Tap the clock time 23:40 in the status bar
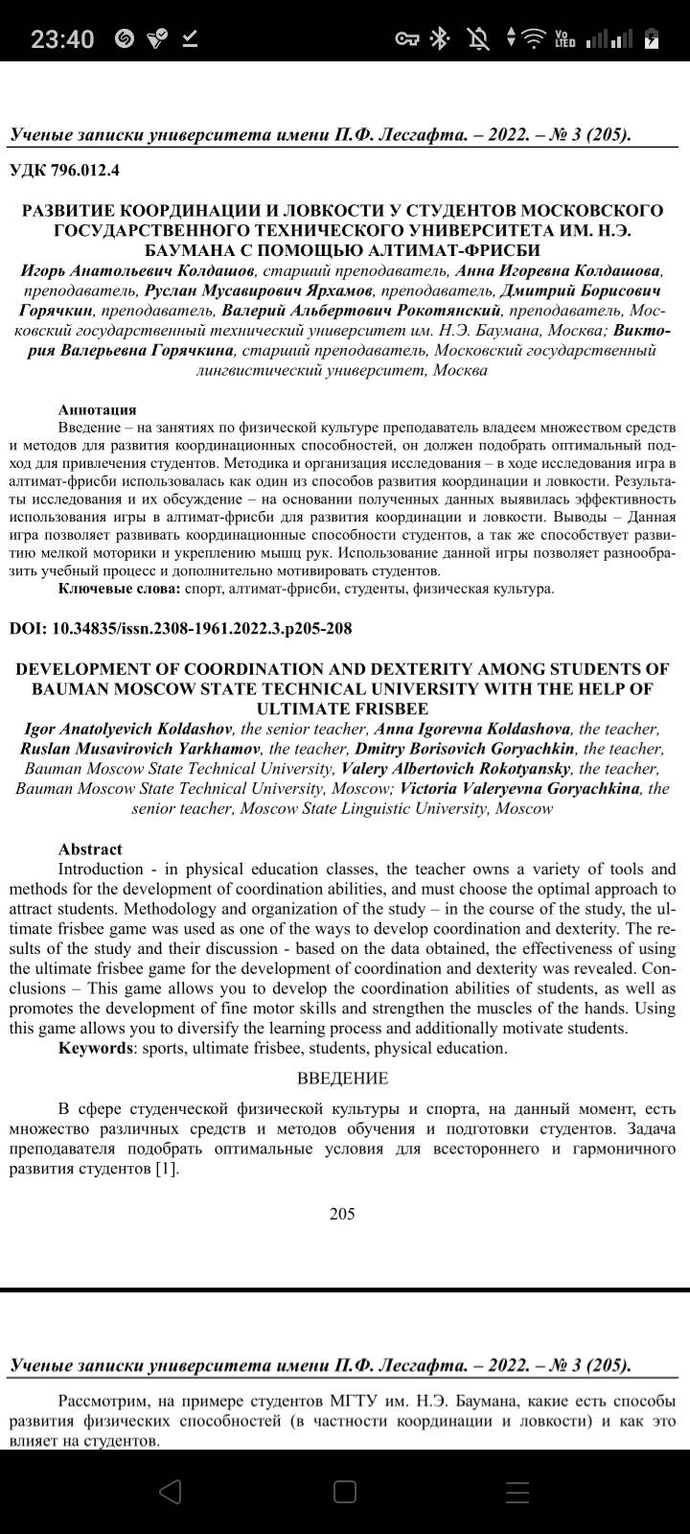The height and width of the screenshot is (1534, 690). pyautogui.click(x=62, y=38)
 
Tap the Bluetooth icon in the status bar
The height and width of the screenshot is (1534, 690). pyautogui.click(x=440, y=38)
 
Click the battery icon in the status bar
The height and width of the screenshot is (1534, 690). pyautogui.click(x=652, y=38)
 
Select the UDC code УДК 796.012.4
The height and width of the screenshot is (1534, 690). pyautogui.click(x=65, y=171)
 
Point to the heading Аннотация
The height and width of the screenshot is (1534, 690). pyautogui.click(x=97, y=409)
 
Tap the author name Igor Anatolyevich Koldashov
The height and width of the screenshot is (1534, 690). pyautogui.click(x=128, y=730)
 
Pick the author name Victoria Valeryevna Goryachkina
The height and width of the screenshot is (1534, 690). pyautogui.click(x=520, y=788)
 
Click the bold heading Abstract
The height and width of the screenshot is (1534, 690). pyautogui.click(x=90, y=849)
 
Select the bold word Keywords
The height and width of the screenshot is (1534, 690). pyautogui.click(x=96, y=1048)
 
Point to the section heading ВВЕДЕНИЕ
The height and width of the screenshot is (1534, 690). pyautogui.click(x=342, y=1079)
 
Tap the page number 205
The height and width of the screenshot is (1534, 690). pyautogui.click(x=342, y=1214)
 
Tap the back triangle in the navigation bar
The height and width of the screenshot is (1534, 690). pyautogui.click(x=171, y=1491)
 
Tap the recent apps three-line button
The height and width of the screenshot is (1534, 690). pyautogui.click(x=517, y=1491)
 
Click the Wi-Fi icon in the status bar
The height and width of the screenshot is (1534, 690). pyautogui.click(x=532, y=38)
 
